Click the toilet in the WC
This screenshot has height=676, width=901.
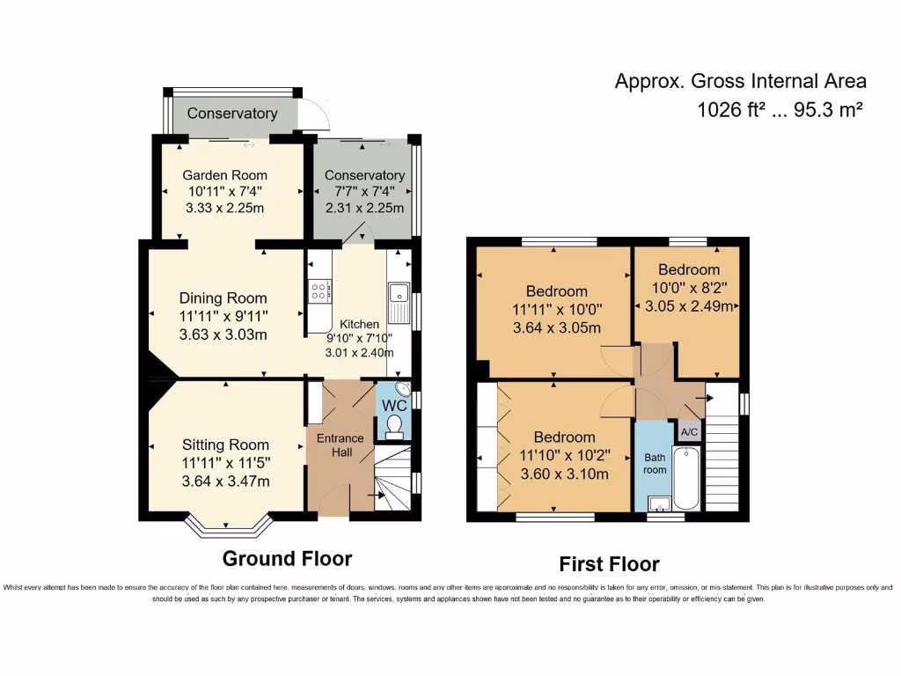tap(394, 427)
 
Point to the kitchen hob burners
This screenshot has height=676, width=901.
tap(319, 290)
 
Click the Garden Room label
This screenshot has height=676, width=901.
tap(224, 175)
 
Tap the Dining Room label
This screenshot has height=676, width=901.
tap(223, 298)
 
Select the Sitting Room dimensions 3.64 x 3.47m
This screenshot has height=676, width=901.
tap(225, 481)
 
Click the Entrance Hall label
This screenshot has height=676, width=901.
tap(340, 445)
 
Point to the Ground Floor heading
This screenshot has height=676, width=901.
tap(287, 558)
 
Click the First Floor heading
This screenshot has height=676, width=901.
tap(609, 564)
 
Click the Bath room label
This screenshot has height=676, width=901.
tap(655, 463)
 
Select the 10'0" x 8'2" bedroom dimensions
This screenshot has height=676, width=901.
tap(690, 287)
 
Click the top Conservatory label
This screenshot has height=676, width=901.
tap(232, 114)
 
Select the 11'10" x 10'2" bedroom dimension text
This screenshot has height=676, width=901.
tap(564, 456)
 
